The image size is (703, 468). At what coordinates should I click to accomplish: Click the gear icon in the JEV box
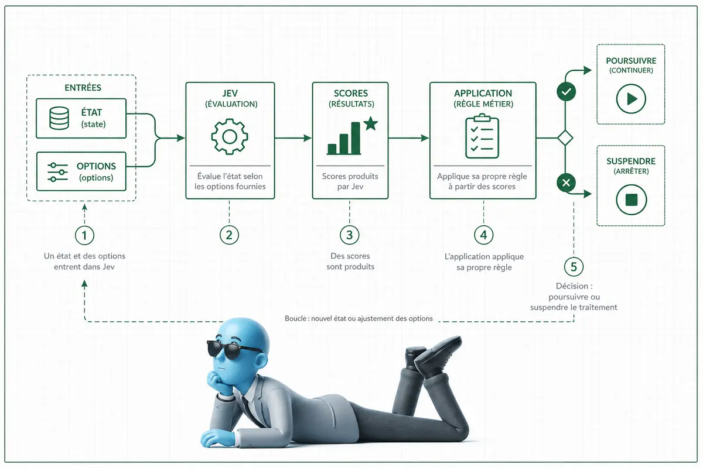coord(230,137)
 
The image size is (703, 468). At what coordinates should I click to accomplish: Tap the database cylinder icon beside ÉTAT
coord(59,118)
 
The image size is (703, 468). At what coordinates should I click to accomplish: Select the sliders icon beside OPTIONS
coord(57,172)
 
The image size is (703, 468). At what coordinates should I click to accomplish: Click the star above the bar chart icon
coord(371,123)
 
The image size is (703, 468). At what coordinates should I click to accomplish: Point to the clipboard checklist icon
coord(482,136)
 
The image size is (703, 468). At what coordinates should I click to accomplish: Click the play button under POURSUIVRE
coord(631,99)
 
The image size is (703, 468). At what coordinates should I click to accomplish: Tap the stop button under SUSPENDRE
coord(631,199)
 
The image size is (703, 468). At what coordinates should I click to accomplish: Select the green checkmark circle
coord(566,92)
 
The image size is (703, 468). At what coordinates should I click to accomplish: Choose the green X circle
coord(566,183)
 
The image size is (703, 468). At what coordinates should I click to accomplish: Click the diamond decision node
coord(565,138)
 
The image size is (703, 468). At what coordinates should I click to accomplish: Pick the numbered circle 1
coord(84,235)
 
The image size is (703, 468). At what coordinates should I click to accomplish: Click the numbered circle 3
coord(350,235)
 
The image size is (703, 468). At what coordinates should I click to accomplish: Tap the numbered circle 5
coord(574,267)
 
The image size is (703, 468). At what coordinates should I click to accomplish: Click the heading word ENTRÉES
coord(83,87)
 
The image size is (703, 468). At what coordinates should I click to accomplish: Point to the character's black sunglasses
coord(234,349)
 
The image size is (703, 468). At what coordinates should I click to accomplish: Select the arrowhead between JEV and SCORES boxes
coord(307,138)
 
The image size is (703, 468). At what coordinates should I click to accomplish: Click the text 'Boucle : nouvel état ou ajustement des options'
coord(359,318)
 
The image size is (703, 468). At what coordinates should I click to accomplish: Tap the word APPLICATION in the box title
coord(483,93)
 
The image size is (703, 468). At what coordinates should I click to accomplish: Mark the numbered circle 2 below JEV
coord(229,235)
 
